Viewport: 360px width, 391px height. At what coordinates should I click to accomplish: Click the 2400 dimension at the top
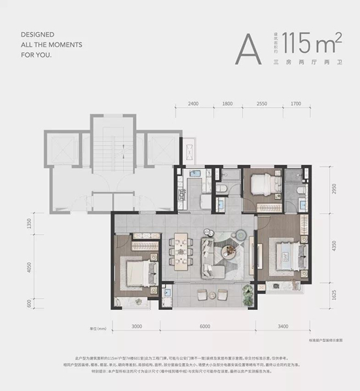click(193, 104)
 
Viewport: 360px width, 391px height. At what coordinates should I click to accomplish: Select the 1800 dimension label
click(228, 104)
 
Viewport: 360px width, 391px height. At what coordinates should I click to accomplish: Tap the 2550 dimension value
click(262, 104)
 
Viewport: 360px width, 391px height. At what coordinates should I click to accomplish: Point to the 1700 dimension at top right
click(295, 104)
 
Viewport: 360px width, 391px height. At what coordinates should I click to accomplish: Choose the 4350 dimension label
click(334, 246)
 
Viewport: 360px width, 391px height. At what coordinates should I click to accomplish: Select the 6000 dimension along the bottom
click(206, 326)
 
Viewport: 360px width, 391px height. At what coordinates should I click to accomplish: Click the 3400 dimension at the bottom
click(283, 326)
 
